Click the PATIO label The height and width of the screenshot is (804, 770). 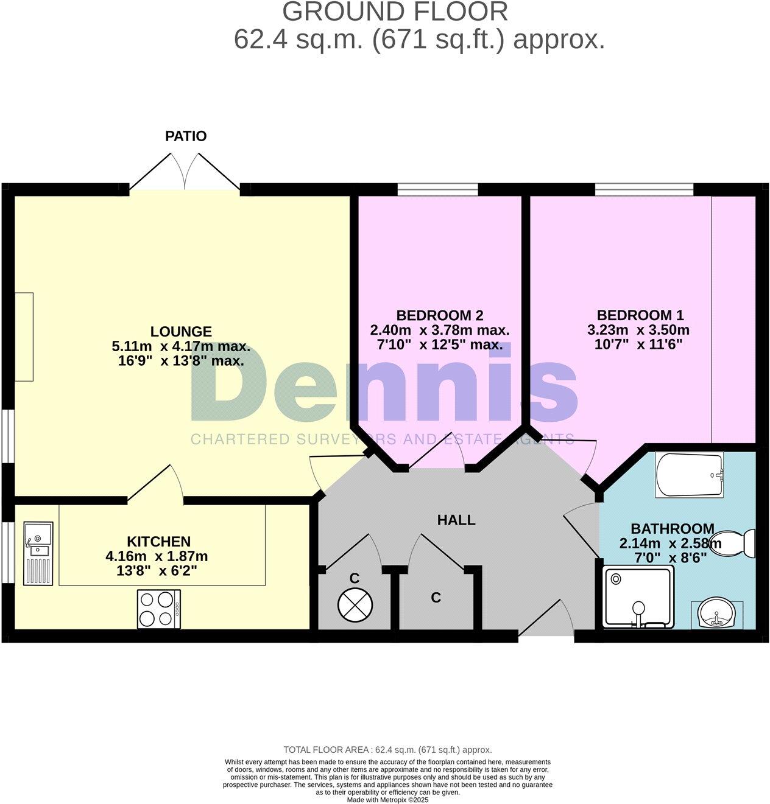[x=186, y=136]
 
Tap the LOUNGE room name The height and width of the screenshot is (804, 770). [x=181, y=332]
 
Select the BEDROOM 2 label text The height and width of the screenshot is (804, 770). [x=439, y=315]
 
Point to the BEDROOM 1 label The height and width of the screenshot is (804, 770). [x=640, y=315]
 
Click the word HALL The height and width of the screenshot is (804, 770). [x=456, y=520]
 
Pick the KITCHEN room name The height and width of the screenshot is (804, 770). [x=158, y=541]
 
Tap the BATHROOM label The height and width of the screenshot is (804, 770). [x=672, y=528]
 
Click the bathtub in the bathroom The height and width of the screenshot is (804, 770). [x=689, y=474]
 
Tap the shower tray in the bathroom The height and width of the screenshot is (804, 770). [x=638, y=597]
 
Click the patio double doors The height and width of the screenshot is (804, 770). [x=186, y=172]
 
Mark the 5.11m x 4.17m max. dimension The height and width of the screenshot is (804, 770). [x=181, y=347]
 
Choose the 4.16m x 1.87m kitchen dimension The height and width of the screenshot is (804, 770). [x=157, y=556]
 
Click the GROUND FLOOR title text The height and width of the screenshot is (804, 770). [x=395, y=12]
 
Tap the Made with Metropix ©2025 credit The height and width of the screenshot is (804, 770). [x=387, y=800]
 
